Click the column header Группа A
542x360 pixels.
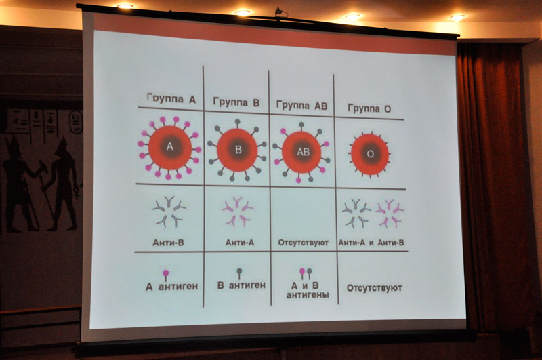pyautogui.click(x=171, y=98)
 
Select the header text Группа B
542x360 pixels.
pyautogui.click(x=236, y=102)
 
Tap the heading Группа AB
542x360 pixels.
pyautogui.click(x=301, y=106)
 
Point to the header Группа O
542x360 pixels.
pyautogui.click(x=369, y=108)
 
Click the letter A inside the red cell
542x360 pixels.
pyautogui.click(x=170, y=146)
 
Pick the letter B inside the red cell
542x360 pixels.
pyautogui.click(x=238, y=149)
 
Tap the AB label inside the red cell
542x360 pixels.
pyautogui.click(x=304, y=152)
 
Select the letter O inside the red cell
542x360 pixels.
pyautogui.click(x=370, y=154)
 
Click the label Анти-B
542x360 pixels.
pyautogui.click(x=168, y=243)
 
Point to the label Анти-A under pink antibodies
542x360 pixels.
pyautogui.click(x=240, y=243)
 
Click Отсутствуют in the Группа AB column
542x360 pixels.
pyautogui.click(x=303, y=243)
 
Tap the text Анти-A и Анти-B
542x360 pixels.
pyautogui.click(x=371, y=243)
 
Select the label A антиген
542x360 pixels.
pyautogui.click(x=172, y=287)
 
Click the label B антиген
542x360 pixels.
pyautogui.click(x=241, y=285)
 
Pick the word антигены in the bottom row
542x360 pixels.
pyautogui.click(x=308, y=295)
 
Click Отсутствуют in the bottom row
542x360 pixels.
pyautogui.click(x=375, y=288)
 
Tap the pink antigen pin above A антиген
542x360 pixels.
pyautogui.click(x=166, y=276)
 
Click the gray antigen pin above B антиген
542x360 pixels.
pyautogui.click(x=239, y=274)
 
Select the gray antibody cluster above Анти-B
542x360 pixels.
pyautogui.click(x=169, y=212)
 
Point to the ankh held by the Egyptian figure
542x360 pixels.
pyautogui.click(x=77, y=191)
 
